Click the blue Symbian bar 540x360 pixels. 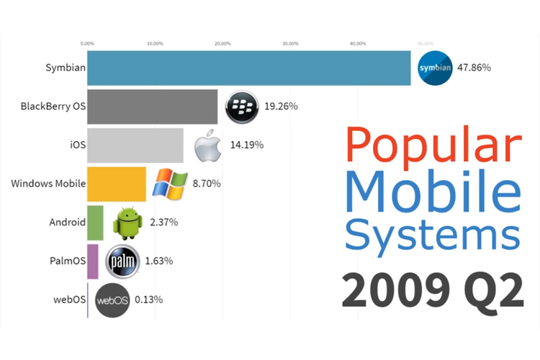(248, 68)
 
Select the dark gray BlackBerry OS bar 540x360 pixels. (152, 107)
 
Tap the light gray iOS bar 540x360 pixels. (135, 145)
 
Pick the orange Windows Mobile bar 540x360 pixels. (116, 184)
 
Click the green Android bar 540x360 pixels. (95, 222)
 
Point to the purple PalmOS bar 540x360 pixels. (92, 261)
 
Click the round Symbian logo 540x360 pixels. (435, 68)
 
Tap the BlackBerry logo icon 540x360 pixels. (241, 107)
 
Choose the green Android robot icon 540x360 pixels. (127, 222)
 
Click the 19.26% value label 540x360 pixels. (281, 107)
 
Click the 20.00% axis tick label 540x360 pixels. (222, 43)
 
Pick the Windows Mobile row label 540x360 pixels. (48, 184)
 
